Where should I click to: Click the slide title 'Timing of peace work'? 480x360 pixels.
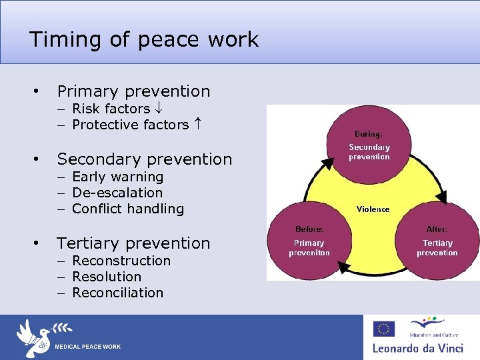pos(143,39)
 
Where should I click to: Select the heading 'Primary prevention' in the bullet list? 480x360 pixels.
pos(133,91)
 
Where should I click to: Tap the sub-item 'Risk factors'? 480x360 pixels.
pos(111,109)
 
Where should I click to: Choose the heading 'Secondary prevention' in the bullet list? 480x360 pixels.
pos(145,159)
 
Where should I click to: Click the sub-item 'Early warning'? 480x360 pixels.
pos(117,177)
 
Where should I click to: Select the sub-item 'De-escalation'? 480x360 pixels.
pos(117,193)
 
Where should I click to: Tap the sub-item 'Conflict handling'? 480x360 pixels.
pos(127,209)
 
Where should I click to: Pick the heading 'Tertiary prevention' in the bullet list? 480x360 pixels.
pos(133,243)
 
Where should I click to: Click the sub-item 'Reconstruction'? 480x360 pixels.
pos(121,261)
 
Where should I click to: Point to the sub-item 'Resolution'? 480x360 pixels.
pos(107,277)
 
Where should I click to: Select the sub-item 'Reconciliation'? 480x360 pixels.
pos(117,293)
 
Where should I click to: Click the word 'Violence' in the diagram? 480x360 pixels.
pos(373,209)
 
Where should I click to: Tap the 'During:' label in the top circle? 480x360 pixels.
pos(369,134)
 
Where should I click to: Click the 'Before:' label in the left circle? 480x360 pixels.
pos(309,229)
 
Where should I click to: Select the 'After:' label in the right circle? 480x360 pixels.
pos(437,229)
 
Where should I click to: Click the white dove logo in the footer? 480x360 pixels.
pos(34,337)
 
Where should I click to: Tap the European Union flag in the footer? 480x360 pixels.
pos(383,329)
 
